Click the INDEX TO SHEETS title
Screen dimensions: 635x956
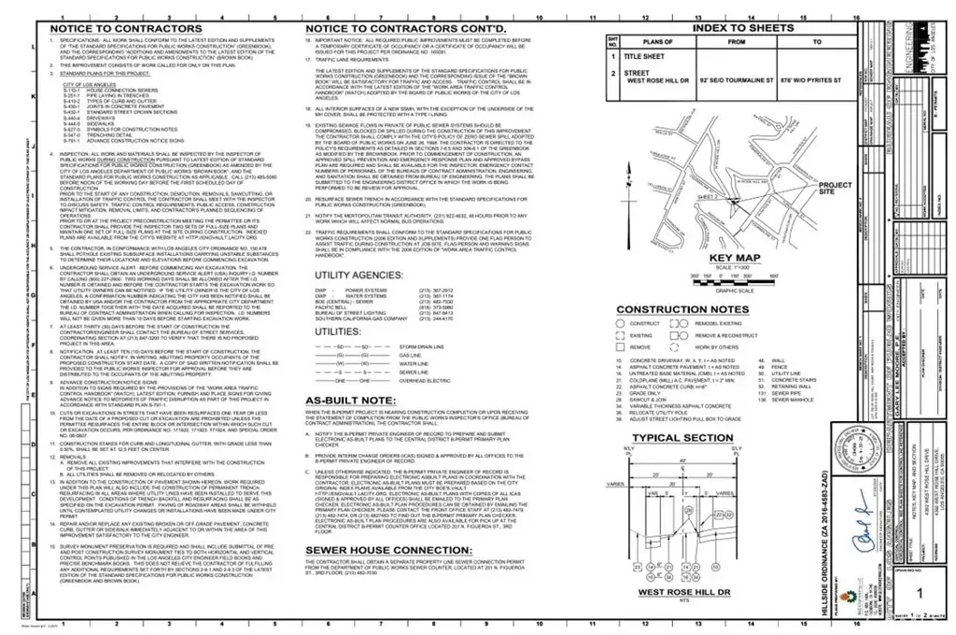coord(744,28)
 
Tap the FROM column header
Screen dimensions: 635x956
coord(735,42)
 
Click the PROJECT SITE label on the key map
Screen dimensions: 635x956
coord(835,188)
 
